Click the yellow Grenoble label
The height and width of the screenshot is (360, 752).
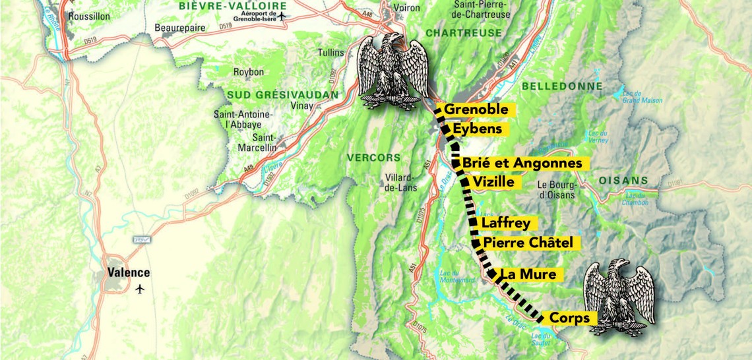point(476,109)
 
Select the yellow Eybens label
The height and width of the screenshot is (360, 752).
point(478,129)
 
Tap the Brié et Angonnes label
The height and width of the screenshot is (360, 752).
point(522,163)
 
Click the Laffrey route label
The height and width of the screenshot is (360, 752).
point(505,224)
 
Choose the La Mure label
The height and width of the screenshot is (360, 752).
point(528,274)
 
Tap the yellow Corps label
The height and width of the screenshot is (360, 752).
point(569,318)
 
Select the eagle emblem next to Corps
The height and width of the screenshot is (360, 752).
point(621,297)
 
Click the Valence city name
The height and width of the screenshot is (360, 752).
point(129,273)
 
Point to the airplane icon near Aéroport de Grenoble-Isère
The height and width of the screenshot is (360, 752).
point(283,16)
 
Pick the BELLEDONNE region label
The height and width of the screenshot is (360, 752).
point(561,86)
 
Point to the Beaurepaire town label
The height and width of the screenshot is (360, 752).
point(180,28)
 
